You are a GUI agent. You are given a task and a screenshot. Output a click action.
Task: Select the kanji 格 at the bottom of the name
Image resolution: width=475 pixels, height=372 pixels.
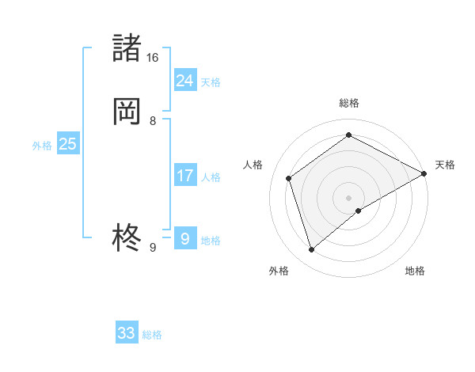[127, 237]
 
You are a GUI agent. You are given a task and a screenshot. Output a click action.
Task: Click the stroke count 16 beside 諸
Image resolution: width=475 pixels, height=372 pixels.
[153, 58]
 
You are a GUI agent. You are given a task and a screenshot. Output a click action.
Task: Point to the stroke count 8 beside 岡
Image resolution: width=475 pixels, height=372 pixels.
[153, 121]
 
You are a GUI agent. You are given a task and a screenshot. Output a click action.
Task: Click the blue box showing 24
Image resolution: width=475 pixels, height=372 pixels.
[184, 80]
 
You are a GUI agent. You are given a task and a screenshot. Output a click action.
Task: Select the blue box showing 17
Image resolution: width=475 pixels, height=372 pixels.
[184, 176]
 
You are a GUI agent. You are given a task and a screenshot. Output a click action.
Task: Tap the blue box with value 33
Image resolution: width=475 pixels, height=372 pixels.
[127, 333]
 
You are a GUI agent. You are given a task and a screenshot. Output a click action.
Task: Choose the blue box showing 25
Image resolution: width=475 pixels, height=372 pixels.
[67, 144]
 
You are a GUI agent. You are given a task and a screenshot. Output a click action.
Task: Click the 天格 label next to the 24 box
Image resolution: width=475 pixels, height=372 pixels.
[211, 82]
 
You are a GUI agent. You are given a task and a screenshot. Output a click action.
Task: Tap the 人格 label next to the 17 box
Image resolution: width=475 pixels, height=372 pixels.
[211, 177]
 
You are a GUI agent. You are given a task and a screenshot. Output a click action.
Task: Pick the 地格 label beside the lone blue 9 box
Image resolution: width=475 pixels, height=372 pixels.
[211, 241]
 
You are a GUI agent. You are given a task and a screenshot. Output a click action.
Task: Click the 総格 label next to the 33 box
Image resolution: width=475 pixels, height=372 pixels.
[152, 335]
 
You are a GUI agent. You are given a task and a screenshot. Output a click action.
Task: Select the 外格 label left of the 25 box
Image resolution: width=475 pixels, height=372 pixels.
[42, 146]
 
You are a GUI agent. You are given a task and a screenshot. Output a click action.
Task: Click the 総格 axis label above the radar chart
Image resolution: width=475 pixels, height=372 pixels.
[349, 103]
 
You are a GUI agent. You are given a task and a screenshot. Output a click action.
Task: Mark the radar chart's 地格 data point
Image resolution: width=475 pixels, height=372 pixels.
[359, 211]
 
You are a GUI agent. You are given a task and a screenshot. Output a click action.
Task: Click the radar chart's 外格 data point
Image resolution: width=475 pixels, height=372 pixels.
[312, 250]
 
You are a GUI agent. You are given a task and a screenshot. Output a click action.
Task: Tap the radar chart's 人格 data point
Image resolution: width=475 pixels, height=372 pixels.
[289, 178]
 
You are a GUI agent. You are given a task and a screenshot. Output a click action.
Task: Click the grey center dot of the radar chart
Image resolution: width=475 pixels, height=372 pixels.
[349, 197]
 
